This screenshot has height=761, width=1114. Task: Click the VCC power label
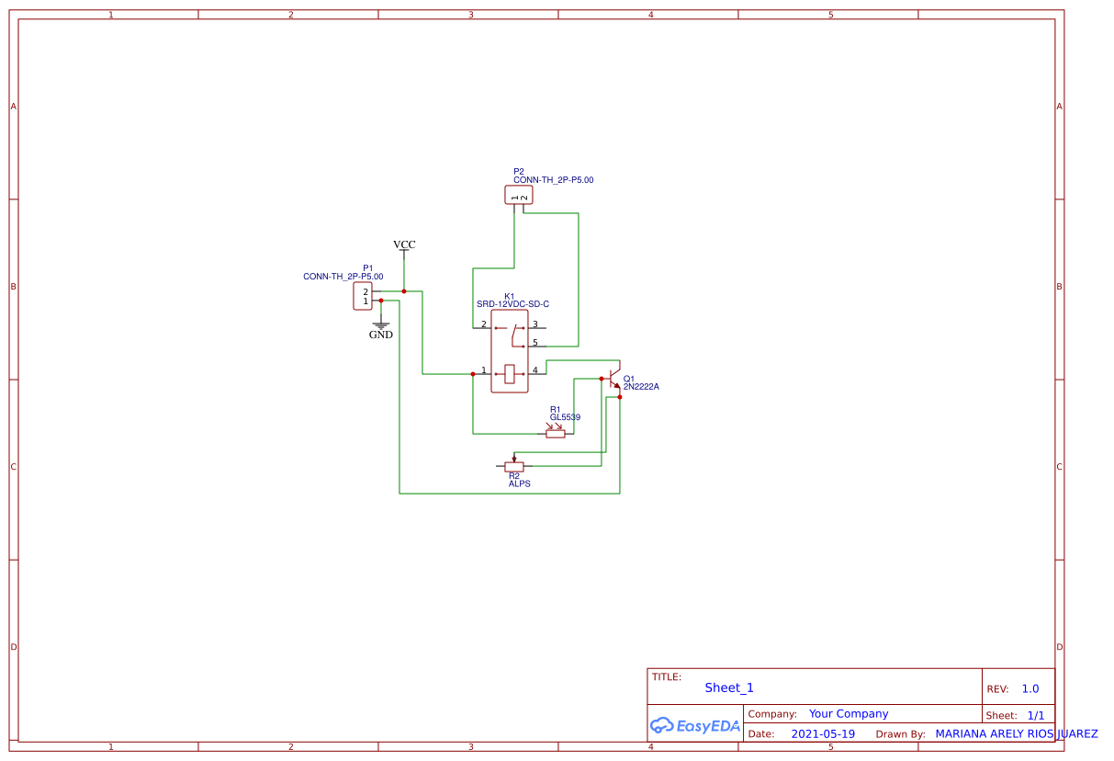(x=404, y=244)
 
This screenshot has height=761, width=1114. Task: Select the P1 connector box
(x=363, y=296)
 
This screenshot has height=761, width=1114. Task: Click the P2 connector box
(x=518, y=195)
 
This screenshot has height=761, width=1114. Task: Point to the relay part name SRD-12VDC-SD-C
(x=512, y=303)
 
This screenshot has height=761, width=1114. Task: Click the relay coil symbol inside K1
(x=510, y=373)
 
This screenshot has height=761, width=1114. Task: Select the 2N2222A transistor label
(x=641, y=387)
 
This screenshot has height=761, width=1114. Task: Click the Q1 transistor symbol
(x=614, y=379)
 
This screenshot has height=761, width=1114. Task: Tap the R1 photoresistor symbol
(x=556, y=433)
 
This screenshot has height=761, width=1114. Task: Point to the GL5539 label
(x=565, y=417)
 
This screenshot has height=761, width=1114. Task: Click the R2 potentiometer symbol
(x=514, y=465)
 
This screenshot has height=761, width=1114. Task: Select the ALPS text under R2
(x=519, y=483)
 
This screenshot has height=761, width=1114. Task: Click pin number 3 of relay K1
(x=534, y=324)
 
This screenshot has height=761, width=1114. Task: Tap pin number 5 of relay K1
(x=534, y=343)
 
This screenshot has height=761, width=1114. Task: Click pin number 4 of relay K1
(x=534, y=370)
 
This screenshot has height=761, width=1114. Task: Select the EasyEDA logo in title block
(x=694, y=725)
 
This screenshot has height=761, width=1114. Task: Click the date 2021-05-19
(x=822, y=734)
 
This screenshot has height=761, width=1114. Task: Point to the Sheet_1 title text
(x=729, y=687)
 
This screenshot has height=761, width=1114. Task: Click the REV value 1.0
(x=1030, y=688)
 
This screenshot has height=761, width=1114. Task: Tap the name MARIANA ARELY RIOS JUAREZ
(x=1016, y=734)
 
